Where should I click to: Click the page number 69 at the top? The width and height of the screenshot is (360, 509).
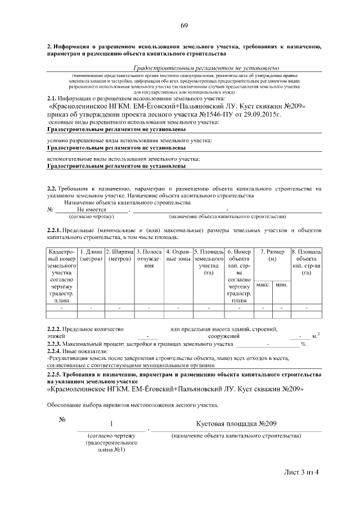(x=184, y=25)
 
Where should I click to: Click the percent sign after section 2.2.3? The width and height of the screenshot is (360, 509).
(x=304, y=343)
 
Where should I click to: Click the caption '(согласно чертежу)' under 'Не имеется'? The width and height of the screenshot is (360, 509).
(x=91, y=216)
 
